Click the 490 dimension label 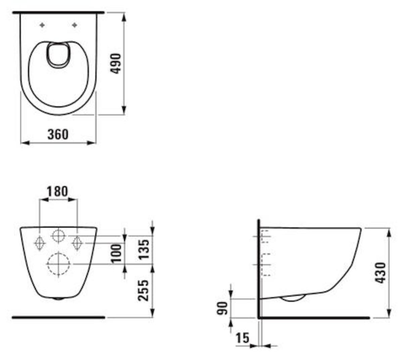(x=116, y=64)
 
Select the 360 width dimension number (x=58, y=134)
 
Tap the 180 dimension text (x=57, y=191)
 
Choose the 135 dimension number (x=144, y=250)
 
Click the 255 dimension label (x=144, y=290)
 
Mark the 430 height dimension (x=380, y=273)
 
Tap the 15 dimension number (x=242, y=338)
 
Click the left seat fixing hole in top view (x=42, y=25)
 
